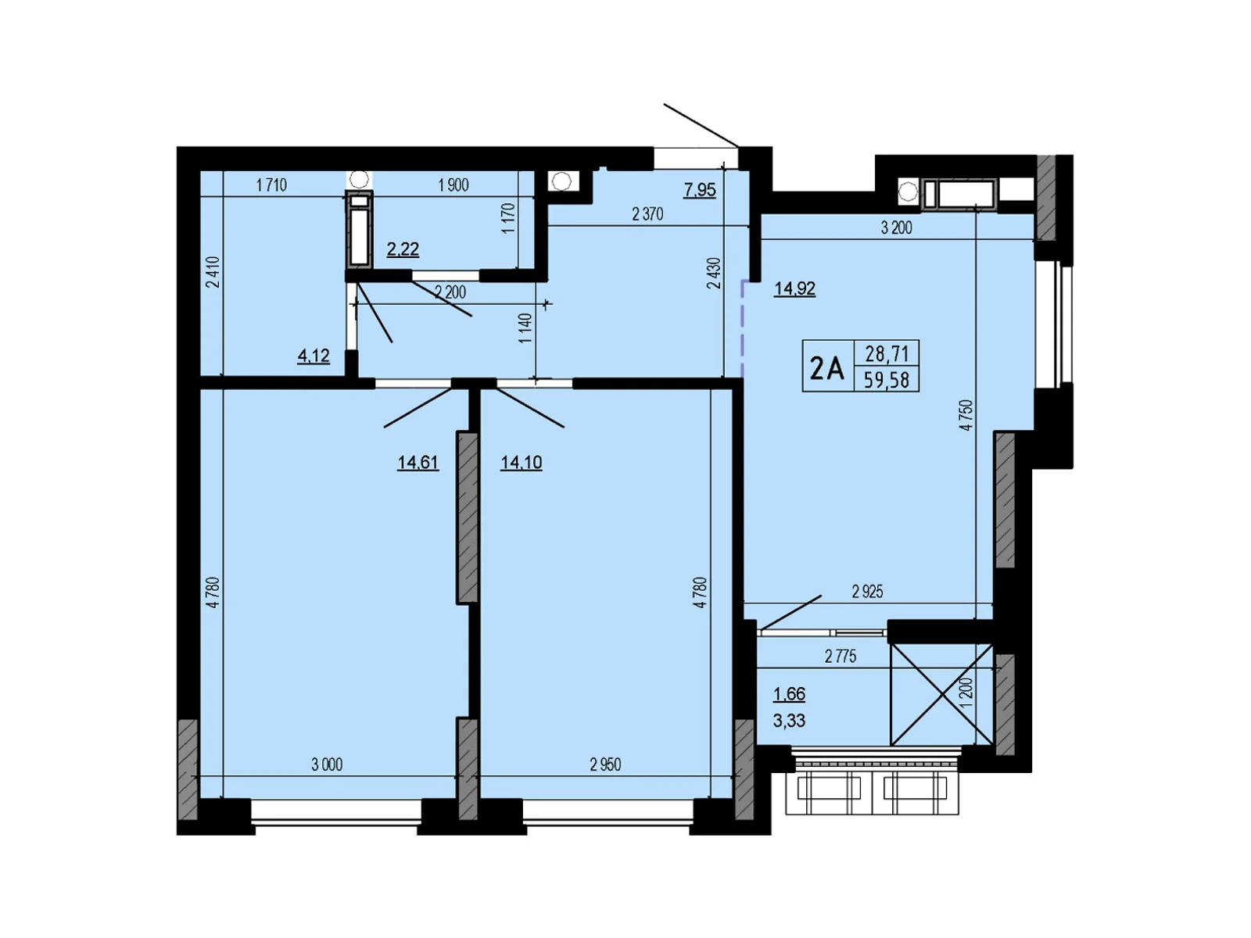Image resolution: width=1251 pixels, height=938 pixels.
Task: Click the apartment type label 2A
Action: point(826,367)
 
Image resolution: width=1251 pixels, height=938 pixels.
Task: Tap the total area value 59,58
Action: point(886,379)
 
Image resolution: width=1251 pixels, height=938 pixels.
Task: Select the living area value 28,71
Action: point(887,354)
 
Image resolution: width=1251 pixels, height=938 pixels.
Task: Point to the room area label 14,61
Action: point(418,463)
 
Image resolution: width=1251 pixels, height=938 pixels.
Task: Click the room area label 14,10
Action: point(521,463)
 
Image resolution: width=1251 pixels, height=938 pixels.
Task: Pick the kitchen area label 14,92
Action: point(794,288)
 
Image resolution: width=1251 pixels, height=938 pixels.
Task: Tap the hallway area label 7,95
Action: point(700,190)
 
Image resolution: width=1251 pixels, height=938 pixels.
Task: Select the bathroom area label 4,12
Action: point(314,356)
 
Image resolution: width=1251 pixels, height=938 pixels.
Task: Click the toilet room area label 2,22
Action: point(403,249)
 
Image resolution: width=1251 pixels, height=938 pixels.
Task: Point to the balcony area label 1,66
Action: point(790,694)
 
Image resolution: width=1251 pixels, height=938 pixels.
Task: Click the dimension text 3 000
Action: point(327,764)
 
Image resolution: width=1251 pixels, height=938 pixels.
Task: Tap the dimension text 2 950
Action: point(605,764)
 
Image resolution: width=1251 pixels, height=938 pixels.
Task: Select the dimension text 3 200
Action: point(897,227)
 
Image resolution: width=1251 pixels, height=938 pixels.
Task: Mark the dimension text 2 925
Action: point(867,592)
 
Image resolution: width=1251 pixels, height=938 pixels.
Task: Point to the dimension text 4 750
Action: point(966,415)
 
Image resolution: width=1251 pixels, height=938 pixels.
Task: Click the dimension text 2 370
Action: point(648,214)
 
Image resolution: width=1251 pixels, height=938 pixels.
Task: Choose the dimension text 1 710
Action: point(271,185)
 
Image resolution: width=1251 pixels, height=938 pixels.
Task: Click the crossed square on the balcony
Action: point(942,695)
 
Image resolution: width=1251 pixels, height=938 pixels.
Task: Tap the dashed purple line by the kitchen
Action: point(742,328)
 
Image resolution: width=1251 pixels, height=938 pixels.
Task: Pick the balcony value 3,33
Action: point(790,721)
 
